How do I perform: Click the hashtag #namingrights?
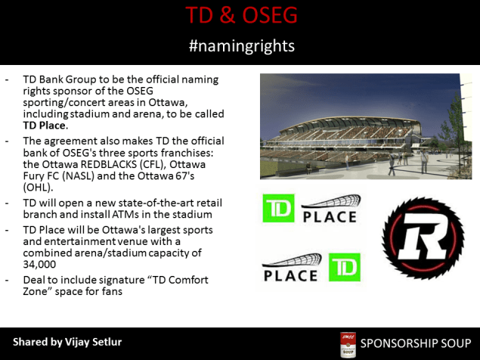point(240,46)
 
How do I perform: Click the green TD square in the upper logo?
point(278,209)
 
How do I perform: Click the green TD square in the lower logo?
point(344,267)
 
